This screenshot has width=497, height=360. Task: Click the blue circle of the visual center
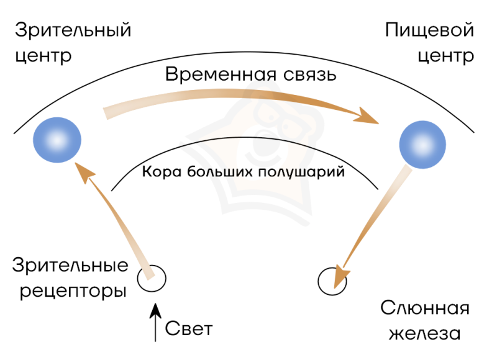(x=57, y=140)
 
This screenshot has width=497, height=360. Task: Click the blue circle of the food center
(x=423, y=144)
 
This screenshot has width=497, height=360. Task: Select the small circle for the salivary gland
(x=331, y=281)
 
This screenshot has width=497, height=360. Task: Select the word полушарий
(x=306, y=172)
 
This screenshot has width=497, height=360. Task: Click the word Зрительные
(x=70, y=267)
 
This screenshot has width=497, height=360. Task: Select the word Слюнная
(x=424, y=308)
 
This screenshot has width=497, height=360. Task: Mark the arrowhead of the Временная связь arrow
(x=370, y=117)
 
